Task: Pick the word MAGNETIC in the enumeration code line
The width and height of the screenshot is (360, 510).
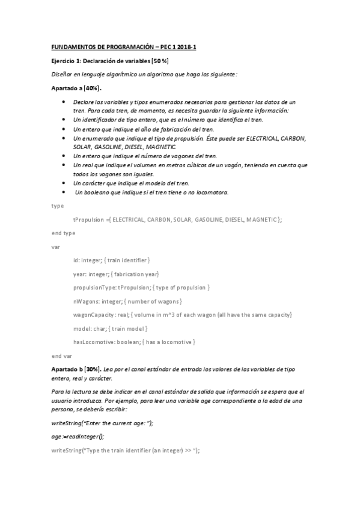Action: tap(260, 220)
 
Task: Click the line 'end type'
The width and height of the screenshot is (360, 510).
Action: tap(63, 233)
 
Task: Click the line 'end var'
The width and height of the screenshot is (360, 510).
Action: tap(62, 355)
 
